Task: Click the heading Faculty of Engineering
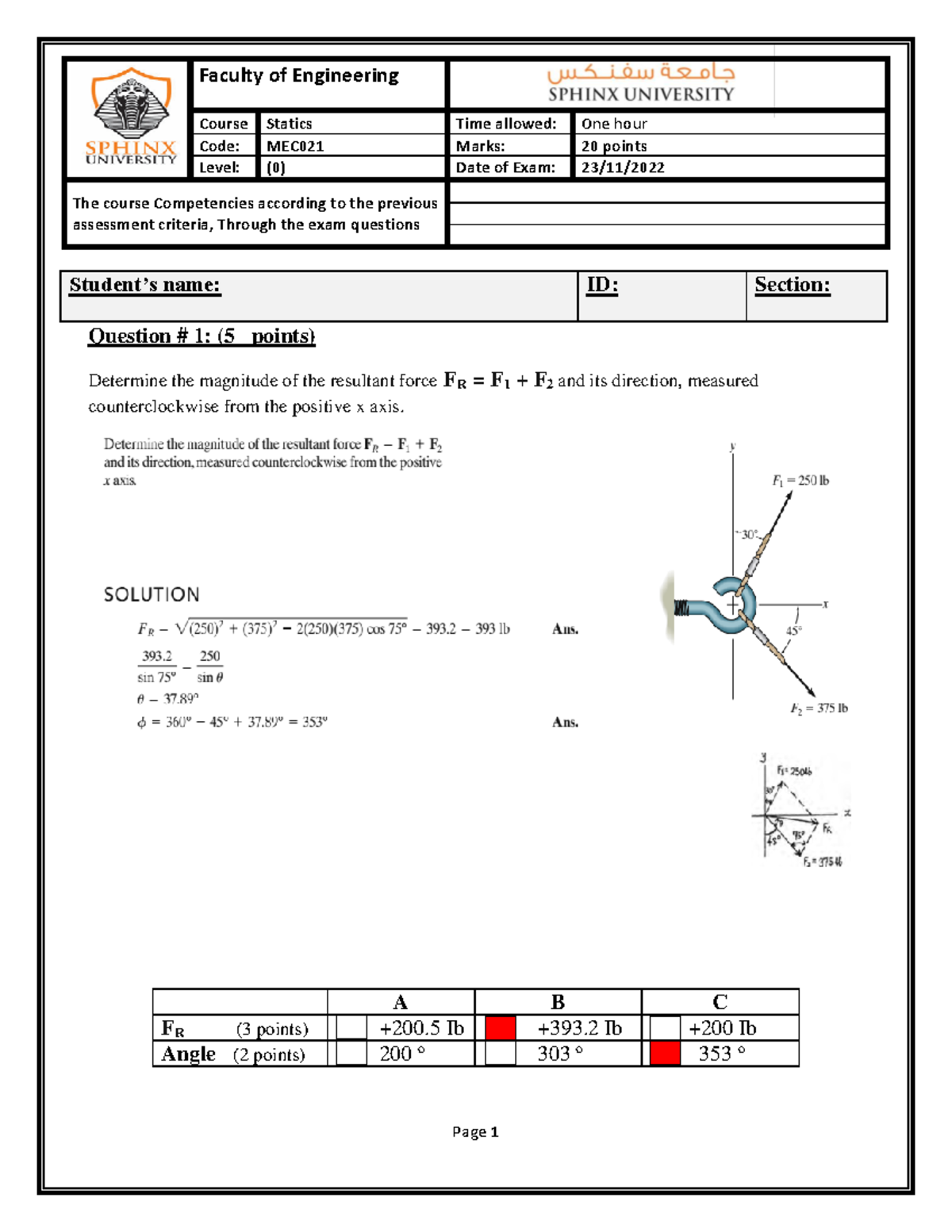298,75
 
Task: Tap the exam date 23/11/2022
623,167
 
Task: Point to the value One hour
614,124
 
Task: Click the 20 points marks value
614,146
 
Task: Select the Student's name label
144,285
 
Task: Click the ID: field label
602,285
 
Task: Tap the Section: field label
792,285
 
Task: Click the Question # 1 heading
202,336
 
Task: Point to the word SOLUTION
152,594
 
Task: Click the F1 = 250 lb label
800,481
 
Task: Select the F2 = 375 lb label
819,708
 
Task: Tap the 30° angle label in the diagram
748,535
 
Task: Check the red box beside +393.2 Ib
501,1028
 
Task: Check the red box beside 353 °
665,1054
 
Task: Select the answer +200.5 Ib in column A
421,1028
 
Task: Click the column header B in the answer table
558,1002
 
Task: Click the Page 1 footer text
475,1132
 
